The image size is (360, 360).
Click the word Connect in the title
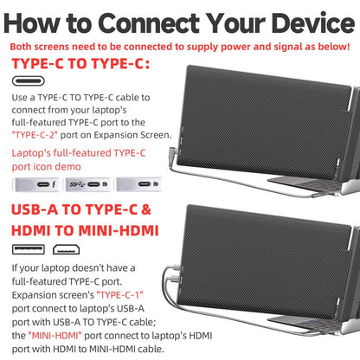[x=149, y=22]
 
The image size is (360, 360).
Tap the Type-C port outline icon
[x=29, y=81]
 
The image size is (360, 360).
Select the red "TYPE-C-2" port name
[x=35, y=135]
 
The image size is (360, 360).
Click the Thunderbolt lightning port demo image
[x=37, y=184]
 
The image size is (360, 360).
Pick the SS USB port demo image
[x=88, y=184]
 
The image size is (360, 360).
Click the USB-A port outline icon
[x=29, y=249]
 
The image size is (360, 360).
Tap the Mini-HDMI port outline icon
[x=66, y=249]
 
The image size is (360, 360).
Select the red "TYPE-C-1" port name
[x=120, y=295]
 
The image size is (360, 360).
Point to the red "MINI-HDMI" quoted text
[x=55, y=336]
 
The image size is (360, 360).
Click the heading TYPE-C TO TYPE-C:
[x=80, y=63]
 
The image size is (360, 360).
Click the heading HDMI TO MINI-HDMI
[x=85, y=231]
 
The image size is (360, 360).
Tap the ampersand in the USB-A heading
[x=146, y=209]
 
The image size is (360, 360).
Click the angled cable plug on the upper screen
[x=173, y=151]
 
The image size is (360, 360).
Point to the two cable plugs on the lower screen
[x=175, y=273]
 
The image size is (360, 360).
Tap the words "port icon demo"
[x=47, y=167]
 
